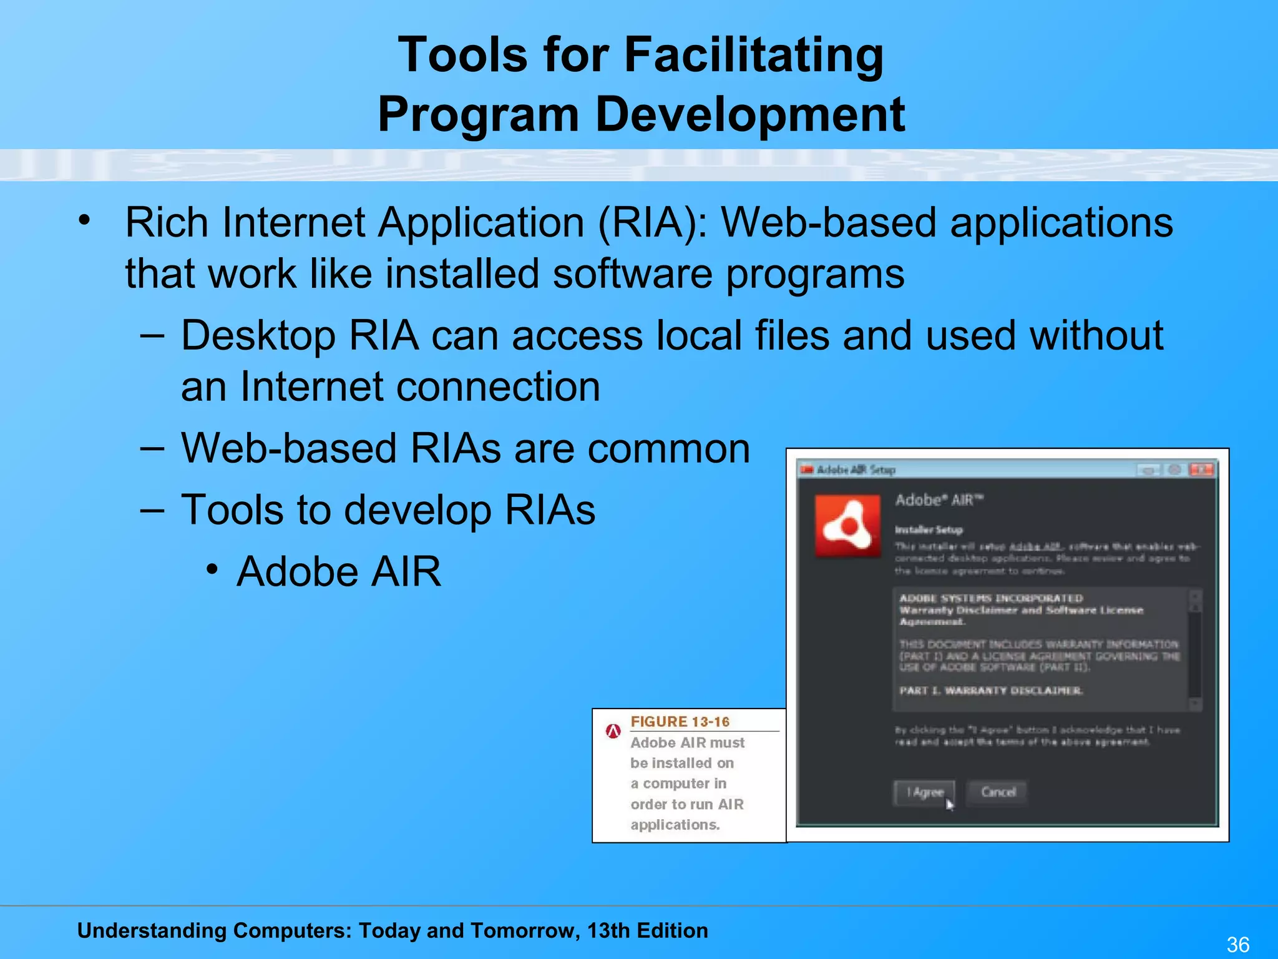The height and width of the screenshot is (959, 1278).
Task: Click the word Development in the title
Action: tap(750, 116)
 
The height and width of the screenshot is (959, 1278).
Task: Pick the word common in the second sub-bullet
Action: tap(668, 449)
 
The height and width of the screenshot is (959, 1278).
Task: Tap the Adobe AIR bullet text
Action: tap(339, 572)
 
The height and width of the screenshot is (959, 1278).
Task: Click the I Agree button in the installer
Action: tap(924, 792)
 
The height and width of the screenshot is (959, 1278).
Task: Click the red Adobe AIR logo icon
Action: tap(847, 525)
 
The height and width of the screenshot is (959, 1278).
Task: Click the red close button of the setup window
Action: tap(1201, 470)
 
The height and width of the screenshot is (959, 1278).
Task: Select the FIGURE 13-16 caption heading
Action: tap(680, 722)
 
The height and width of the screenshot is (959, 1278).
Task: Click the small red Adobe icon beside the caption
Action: tap(613, 730)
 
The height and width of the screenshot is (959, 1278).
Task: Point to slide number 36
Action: tap(1237, 945)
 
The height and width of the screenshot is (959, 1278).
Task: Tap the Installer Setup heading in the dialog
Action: tap(929, 530)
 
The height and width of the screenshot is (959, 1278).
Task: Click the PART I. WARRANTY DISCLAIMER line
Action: tap(991, 691)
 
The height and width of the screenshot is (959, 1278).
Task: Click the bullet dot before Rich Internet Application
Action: tap(85, 220)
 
